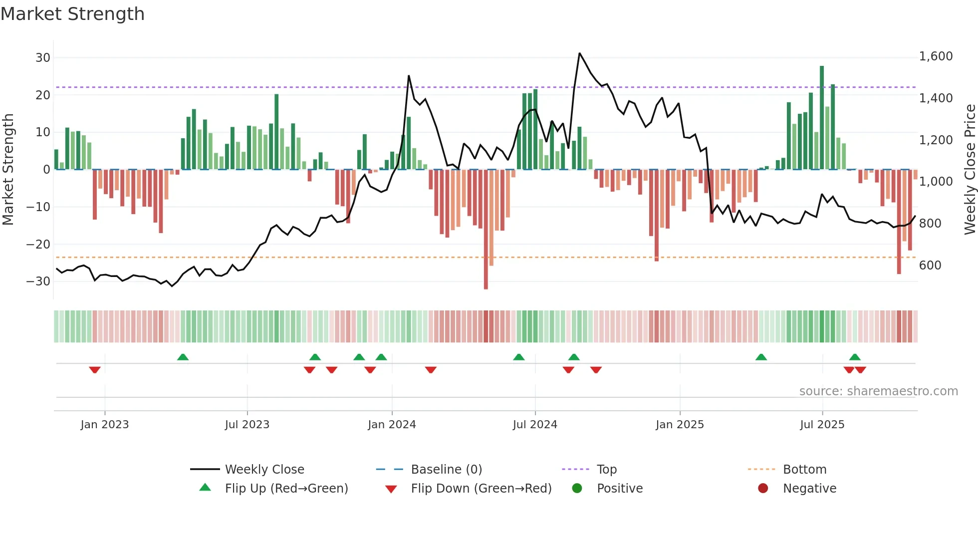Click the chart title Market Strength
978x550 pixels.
[x=72, y=14]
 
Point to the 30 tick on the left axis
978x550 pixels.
[x=43, y=58]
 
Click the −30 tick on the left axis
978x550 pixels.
[x=38, y=281]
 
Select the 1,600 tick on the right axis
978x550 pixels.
[x=936, y=56]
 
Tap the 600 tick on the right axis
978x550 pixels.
[x=930, y=266]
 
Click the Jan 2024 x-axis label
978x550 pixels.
[x=392, y=425]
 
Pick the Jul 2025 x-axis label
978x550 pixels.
[x=822, y=425]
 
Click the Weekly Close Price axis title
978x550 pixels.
[x=970, y=170]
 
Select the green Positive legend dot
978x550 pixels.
[x=577, y=489]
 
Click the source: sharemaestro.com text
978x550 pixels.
[x=878, y=391]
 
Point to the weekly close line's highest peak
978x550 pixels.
[x=579, y=53]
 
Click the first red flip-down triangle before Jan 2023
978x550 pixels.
[x=95, y=370]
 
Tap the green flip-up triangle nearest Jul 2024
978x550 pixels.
[x=519, y=357]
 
